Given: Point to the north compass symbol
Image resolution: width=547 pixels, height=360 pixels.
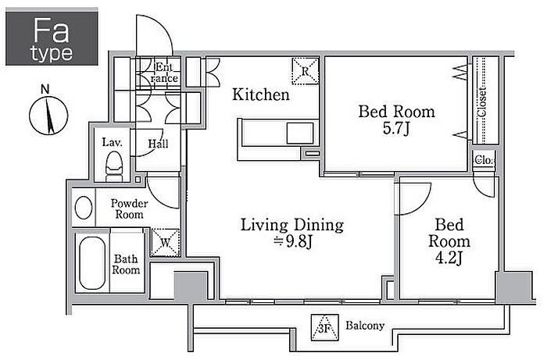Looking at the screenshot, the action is pyautogui.click(x=48, y=112).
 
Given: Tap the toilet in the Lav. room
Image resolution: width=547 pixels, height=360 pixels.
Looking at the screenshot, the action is pyautogui.click(x=114, y=166).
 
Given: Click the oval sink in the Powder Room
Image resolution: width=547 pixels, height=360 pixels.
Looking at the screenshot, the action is pyautogui.click(x=84, y=208).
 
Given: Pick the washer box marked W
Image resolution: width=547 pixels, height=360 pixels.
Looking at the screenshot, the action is pyautogui.click(x=165, y=243).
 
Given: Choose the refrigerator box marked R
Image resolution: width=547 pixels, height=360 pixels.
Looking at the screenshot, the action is pyautogui.click(x=306, y=71).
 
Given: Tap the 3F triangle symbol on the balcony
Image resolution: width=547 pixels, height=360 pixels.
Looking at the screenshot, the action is pyautogui.click(x=325, y=327).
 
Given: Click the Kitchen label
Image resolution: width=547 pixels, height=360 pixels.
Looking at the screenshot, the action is pyautogui.click(x=261, y=94).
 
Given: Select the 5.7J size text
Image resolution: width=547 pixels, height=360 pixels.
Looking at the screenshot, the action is pyautogui.click(x=396, y=129).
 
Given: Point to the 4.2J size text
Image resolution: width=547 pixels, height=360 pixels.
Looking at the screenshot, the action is pyautogui.click(x=449, y=258).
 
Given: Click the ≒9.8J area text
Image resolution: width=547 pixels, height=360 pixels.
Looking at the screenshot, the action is pyautogui.click(x=292, y=241).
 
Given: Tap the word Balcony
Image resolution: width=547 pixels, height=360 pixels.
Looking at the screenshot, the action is pyautogui.click(x=365, y=326).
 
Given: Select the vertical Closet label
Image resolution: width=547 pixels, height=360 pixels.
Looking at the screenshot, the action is pyautogui.click(x=482, y=102).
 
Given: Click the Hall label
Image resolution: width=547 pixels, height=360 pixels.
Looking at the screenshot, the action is pyautogui.click(x=158, y=143).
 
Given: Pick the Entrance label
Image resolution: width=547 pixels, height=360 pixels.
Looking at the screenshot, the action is pyautogui.click(x=164, y=73).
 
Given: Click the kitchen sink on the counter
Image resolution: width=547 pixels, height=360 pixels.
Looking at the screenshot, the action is pyautogui.click(x=300, y=133).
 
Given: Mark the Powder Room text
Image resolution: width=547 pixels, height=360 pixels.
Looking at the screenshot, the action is pyautogui.click(x=129, y=209).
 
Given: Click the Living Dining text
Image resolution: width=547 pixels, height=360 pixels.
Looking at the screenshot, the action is pyautogui.click(x=292, y=225).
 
